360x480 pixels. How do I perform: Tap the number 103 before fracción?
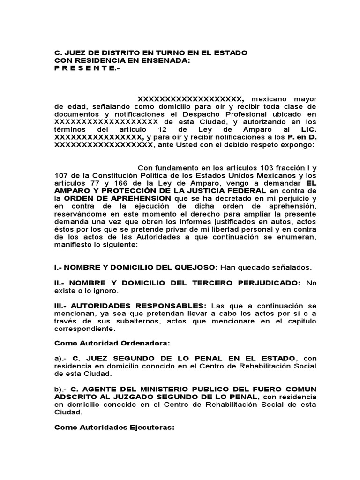point(245,167)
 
